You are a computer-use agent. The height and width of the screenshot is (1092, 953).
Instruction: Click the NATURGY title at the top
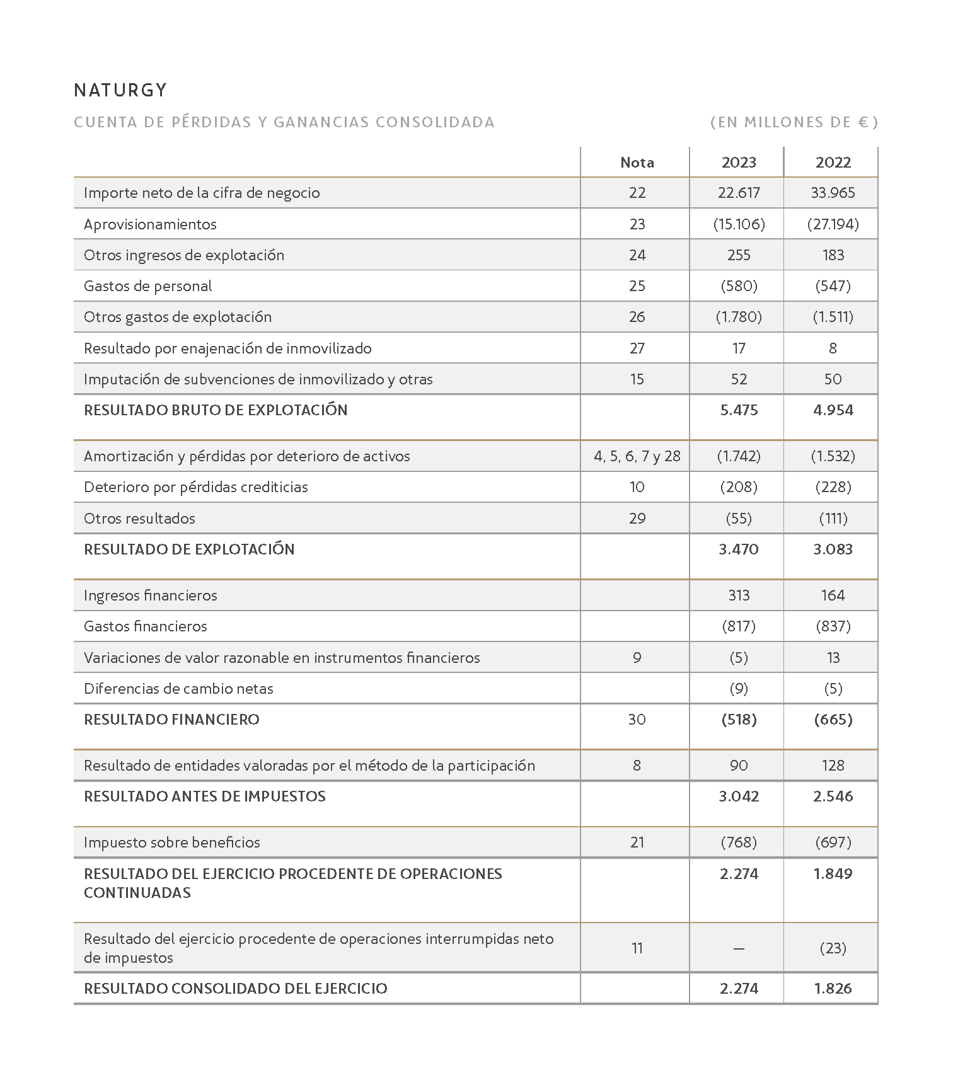120,90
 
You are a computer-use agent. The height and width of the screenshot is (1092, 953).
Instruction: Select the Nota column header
637,163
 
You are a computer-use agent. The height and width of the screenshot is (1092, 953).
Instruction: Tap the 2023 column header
738,163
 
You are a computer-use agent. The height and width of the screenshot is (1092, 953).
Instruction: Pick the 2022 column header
833,163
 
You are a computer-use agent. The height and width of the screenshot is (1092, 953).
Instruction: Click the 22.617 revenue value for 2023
738,193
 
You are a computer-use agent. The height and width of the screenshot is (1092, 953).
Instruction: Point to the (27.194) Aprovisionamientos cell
833,224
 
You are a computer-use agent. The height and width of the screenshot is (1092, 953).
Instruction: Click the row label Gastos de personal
147,286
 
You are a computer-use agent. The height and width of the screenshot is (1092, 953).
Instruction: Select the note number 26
637,317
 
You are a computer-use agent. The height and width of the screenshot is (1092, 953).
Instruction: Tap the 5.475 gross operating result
738,410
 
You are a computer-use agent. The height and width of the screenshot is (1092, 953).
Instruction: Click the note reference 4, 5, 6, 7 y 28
637,456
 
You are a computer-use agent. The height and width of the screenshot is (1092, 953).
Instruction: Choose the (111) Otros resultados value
833,519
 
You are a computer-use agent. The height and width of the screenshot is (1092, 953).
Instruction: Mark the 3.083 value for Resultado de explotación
833,549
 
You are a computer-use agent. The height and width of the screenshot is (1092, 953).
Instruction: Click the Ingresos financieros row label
150,595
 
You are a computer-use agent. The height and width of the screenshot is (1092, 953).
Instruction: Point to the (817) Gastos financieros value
738,626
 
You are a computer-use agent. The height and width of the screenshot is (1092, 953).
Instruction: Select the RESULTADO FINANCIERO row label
171,720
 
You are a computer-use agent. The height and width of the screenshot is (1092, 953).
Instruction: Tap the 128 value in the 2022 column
833,766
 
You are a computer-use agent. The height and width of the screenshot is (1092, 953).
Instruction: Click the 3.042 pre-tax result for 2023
738,796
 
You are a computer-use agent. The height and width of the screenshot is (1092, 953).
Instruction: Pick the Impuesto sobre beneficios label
171,842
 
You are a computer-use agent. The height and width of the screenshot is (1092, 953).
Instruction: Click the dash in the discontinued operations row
738,948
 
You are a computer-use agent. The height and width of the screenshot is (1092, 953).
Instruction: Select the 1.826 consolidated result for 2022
833,989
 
